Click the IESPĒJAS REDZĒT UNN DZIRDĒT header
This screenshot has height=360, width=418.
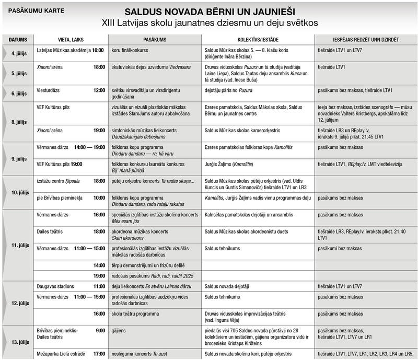[x=366, y=40]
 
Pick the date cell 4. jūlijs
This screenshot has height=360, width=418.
[x=18, y=53]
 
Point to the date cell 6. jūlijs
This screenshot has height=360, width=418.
[x=18, y=93]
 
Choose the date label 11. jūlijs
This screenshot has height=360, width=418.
[x=18, y=245]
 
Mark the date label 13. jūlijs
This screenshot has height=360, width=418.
[x=18, y=342]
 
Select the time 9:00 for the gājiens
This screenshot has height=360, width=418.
[x=100, y=330]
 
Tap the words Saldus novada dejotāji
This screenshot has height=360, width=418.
[x=227, y=286]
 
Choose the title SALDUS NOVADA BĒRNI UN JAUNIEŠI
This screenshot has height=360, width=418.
[x=210, y=11]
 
